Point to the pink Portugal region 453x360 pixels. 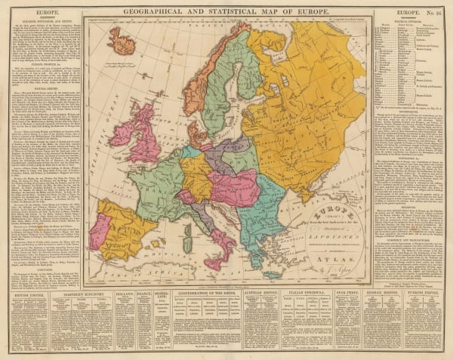[100, 231]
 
